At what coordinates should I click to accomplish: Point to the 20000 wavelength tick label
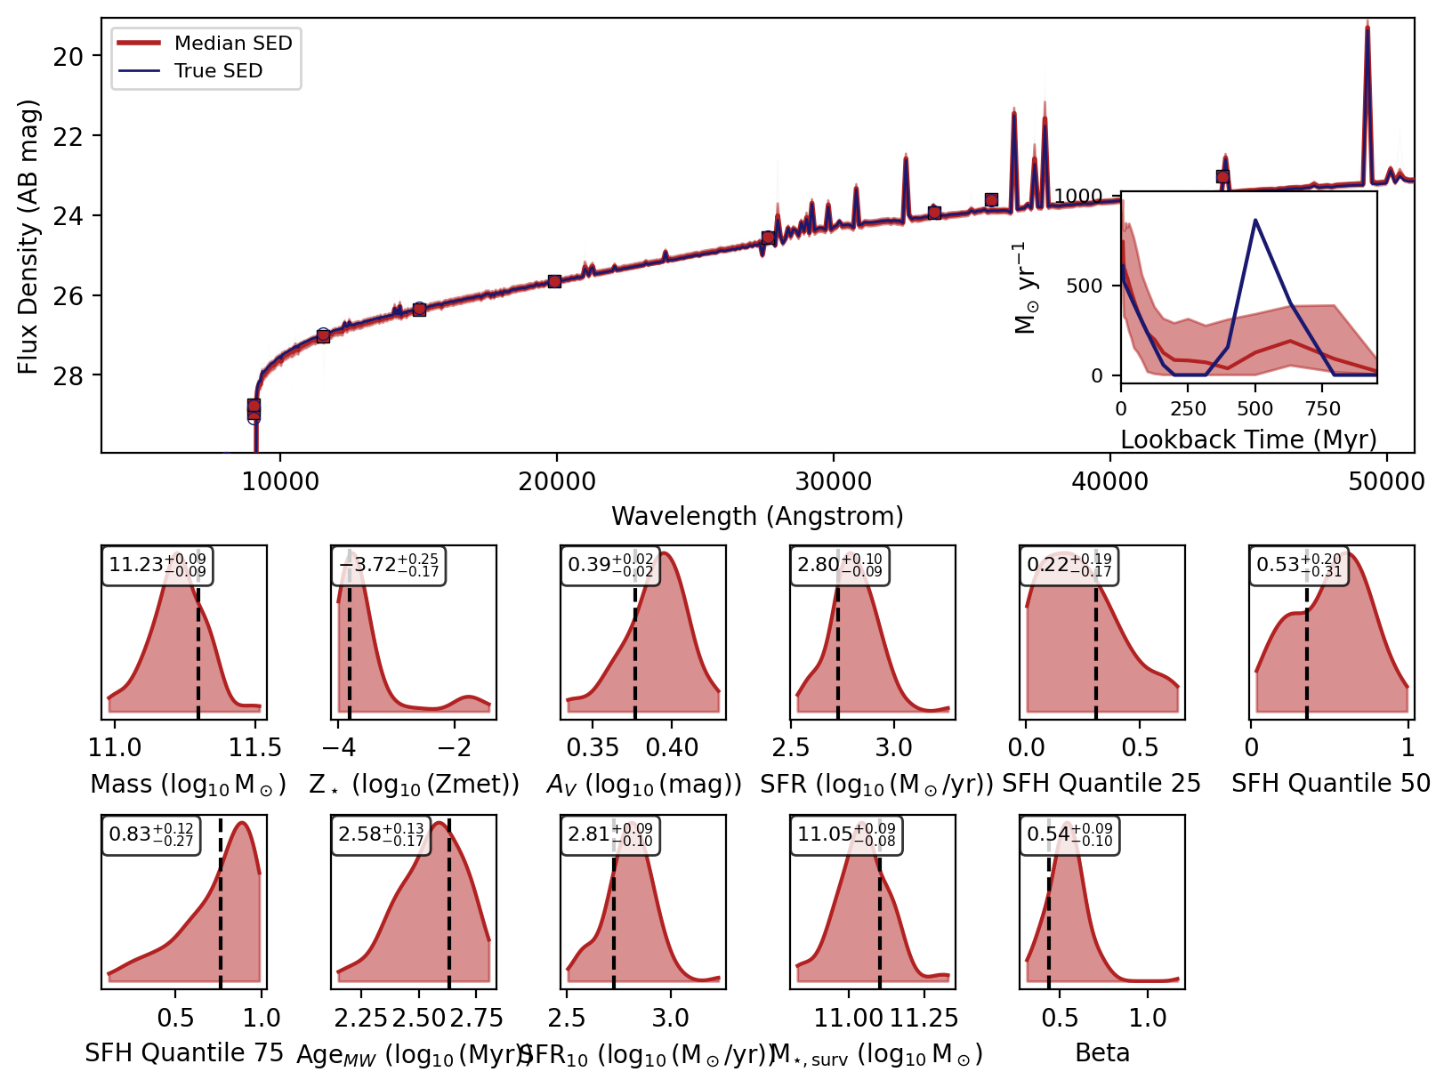click(x=557, y=481)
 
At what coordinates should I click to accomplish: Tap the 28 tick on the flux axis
click(x=69, y=375)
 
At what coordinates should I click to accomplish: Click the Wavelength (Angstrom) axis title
click(x=757, y=516)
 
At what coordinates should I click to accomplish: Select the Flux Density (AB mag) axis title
click(x=28, y=237)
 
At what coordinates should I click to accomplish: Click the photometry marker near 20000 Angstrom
click(x=554, y=281)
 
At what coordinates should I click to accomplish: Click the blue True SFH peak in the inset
click(x=1255, y=220)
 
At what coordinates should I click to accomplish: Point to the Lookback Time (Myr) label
click(x=1248, y=439)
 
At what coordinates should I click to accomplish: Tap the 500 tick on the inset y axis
click(x=1084, y=286)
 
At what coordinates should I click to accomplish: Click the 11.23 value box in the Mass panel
click(x=157, y=565)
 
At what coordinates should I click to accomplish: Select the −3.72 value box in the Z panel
click(x=388, y=565)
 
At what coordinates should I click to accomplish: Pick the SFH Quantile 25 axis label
click(x=1101, y=784)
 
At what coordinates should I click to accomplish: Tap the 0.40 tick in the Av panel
click(x=672, y=748)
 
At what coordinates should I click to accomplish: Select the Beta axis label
click(x=1102, y=1053)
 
